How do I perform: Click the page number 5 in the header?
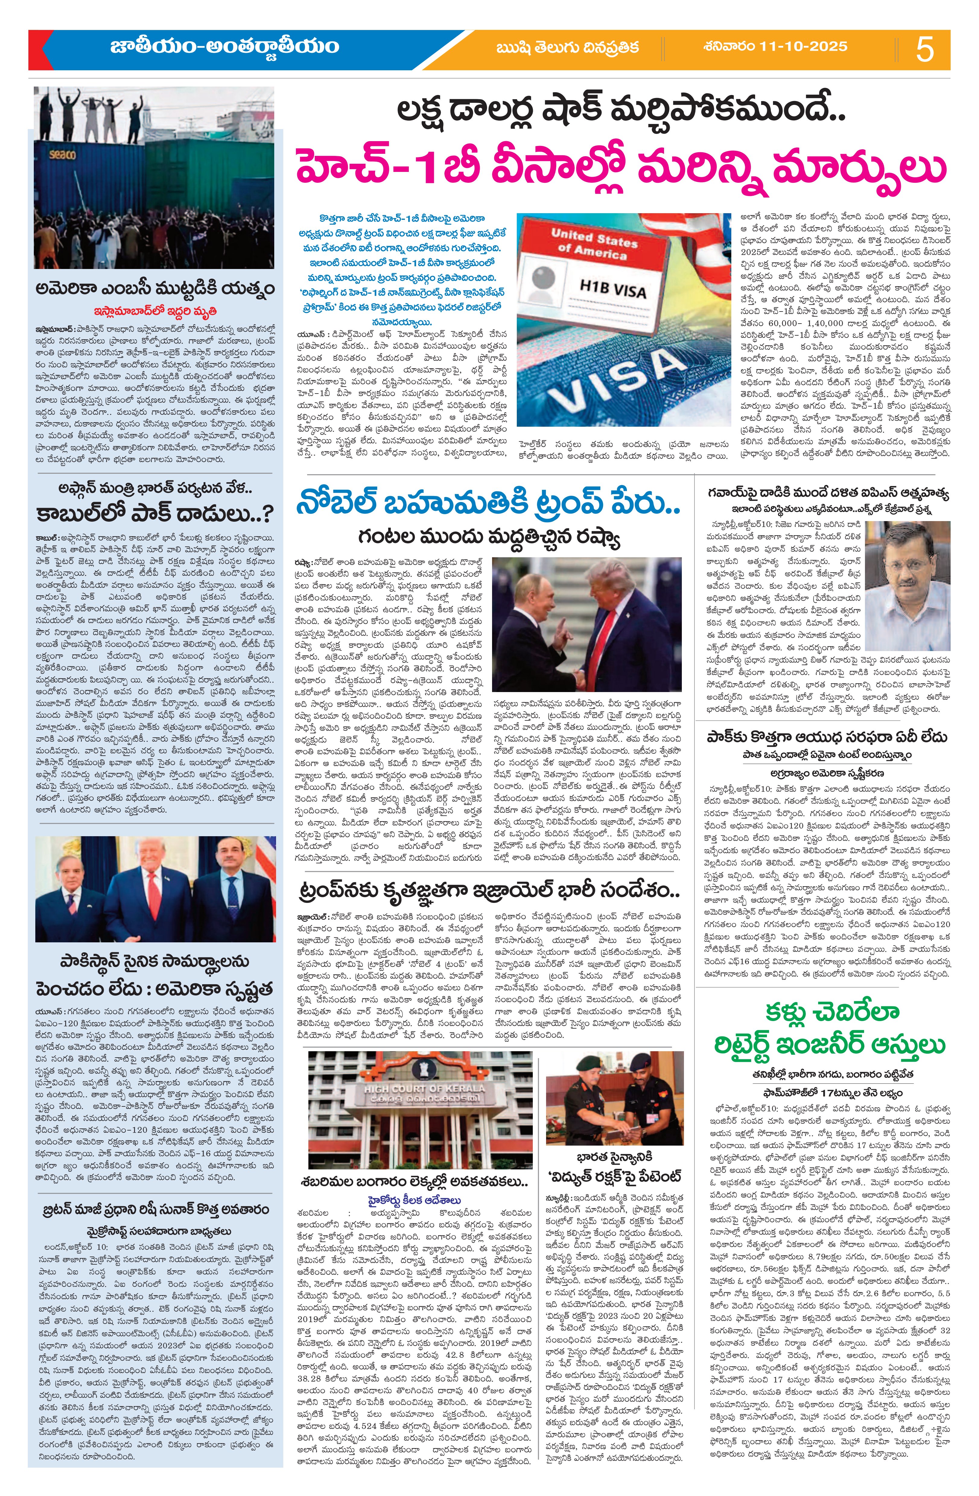click(925, 49)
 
